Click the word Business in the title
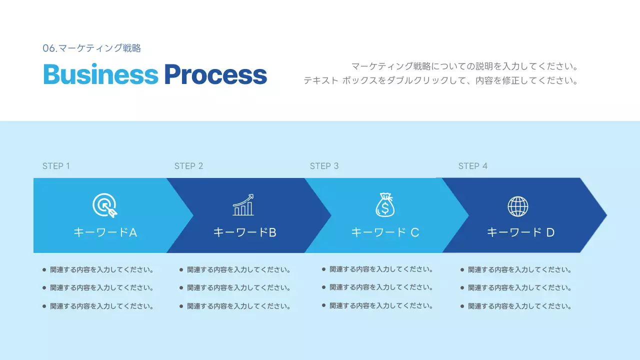[x=100, y=74]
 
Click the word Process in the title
[x=215, y=74]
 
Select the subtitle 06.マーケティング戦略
[x=92, y=48]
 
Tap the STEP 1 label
[x=56, y=166]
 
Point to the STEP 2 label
[x=188, y=166]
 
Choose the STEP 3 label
[x=324, y=166]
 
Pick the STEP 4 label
[x=472, y=166]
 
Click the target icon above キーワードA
[x=105, y=205]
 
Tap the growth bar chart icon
[x=243, y=205]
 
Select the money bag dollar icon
[x=384, y=205]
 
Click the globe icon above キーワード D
[x=518, y=206]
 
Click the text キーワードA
[x=105, y=232]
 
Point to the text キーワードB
[x=244, y=232]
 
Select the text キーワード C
[x=385, y=232]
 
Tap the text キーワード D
[x=520, y=232]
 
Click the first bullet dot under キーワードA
[x=44, y=270]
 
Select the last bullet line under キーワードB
[x=238, y=306]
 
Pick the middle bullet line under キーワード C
[x=381, y=287]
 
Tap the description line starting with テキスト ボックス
[x=440, y=80]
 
